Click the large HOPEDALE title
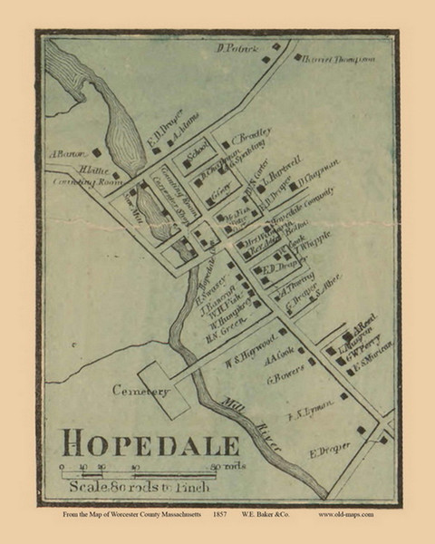click(x=150, y=444)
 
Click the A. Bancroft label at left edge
click(x=67, y=154)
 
